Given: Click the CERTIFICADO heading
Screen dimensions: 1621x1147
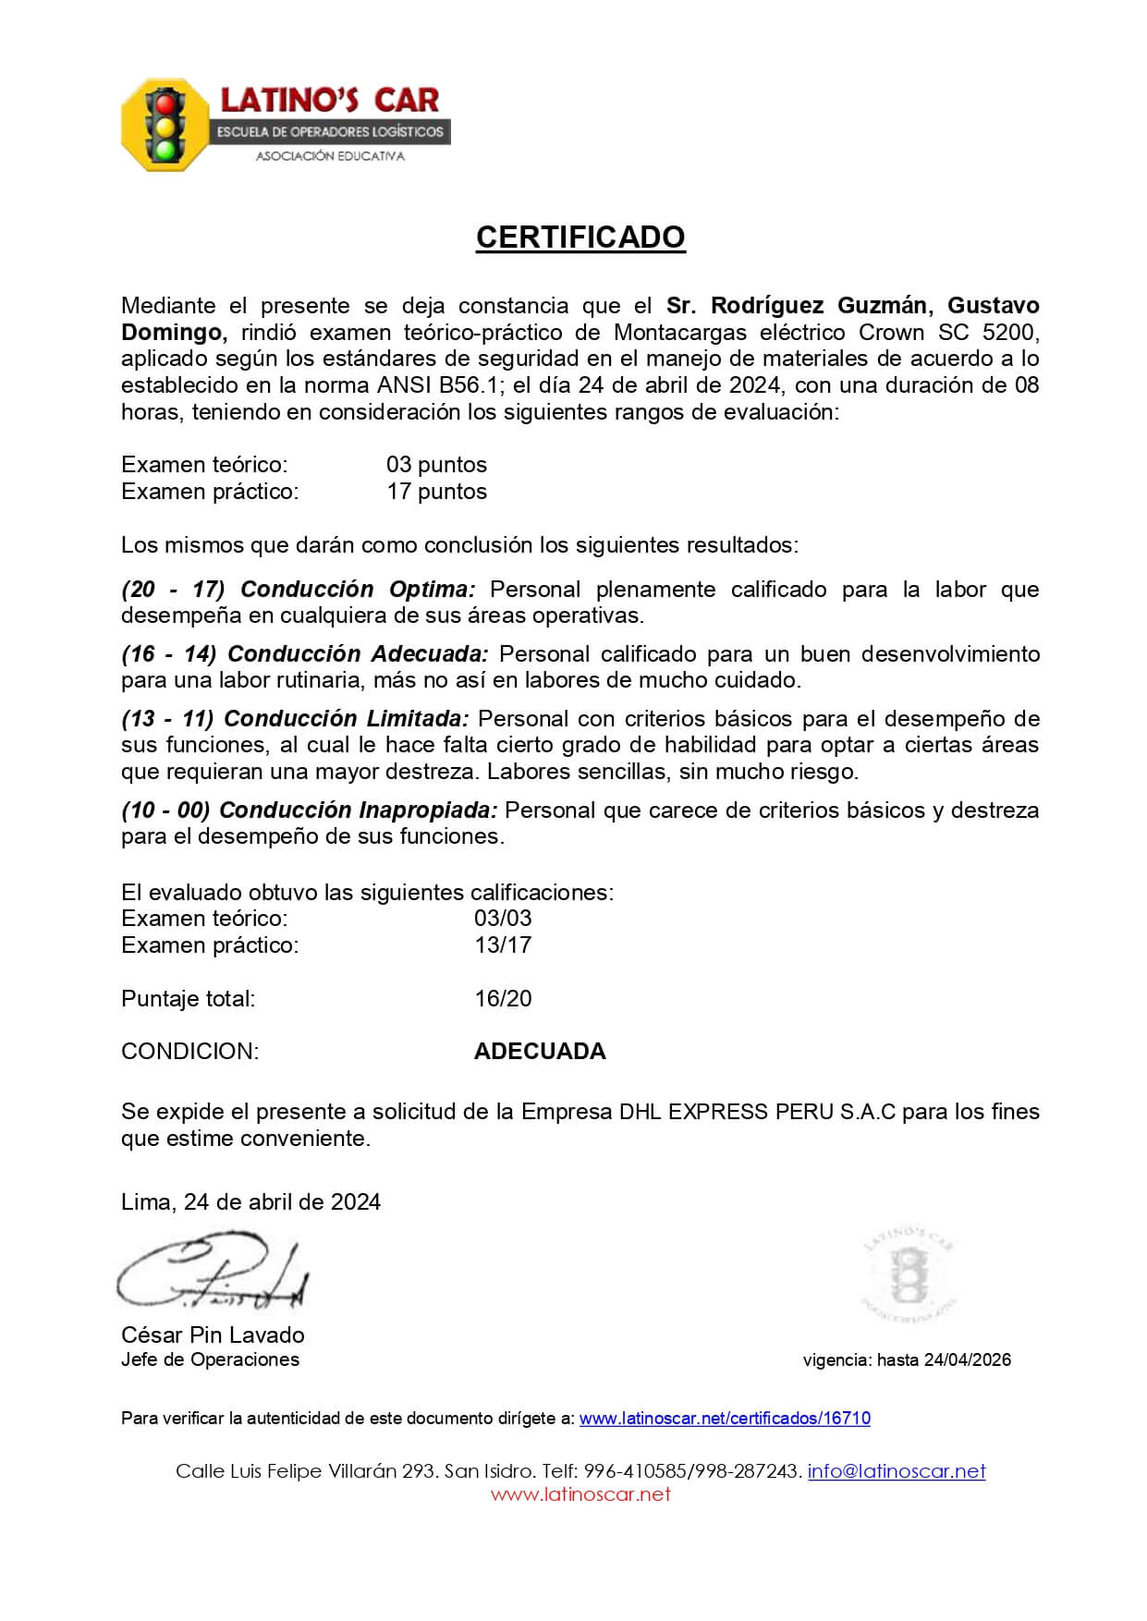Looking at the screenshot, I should [x=580, y=238].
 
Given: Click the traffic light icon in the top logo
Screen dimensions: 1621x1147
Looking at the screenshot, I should [x=166, y=124].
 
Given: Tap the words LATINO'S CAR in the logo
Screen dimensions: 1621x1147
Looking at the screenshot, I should [x=329, y=100].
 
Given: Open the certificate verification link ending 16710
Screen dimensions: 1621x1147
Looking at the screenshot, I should [x=725, y=1418].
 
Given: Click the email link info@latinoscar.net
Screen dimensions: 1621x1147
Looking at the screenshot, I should [x=896, y=1470].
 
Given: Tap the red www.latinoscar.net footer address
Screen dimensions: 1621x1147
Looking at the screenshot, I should [x=580, y=1494].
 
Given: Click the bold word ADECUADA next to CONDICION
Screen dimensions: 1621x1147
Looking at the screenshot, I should [x=540, y=1051].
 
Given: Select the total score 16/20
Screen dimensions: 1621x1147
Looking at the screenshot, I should [x=503, y=998].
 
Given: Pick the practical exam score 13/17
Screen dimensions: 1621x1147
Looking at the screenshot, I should [x=503, y=945].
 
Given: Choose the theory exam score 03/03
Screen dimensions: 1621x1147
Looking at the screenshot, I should [x=503, y=918].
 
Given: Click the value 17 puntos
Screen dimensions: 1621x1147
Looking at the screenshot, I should [x=436, y=491].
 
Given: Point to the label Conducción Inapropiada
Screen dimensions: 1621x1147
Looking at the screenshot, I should [x=359, y=810].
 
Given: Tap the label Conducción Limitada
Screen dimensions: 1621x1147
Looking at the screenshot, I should [x=347, y=718].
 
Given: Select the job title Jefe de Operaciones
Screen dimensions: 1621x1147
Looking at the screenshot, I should [x=210, y=1359].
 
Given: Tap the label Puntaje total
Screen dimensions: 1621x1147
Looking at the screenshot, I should [x=188, y=998].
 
